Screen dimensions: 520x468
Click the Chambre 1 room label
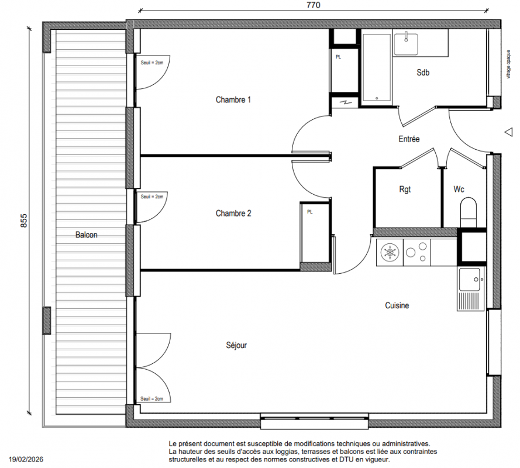click(233, 99)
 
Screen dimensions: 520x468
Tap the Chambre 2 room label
click(233, 214)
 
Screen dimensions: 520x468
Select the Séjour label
click(236, 345)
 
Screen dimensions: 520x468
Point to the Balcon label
click(86, 235)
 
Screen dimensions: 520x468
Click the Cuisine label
click(397, 305)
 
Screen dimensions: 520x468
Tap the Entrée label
click(409, 139)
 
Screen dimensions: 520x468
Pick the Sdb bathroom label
click(423, 73)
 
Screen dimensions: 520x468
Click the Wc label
click(459, 189)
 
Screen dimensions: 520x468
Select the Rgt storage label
click(405, 190)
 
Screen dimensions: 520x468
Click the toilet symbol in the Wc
click(469, 212)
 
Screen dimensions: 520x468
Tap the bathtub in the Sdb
click(377, 67)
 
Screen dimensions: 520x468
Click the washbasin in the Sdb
click(405, 44)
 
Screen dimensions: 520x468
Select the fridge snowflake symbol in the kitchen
click(390, 253)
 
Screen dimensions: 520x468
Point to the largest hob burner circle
click(411, 253)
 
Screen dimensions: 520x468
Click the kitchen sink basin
click(469, 280)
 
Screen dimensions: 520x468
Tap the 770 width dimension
click(314, 5)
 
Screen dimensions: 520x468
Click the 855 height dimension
click(24, 221)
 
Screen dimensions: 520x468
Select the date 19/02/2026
click(26, 459)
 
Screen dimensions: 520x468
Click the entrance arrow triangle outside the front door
click(509, 132)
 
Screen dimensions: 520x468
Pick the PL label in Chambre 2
click(310, 212)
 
